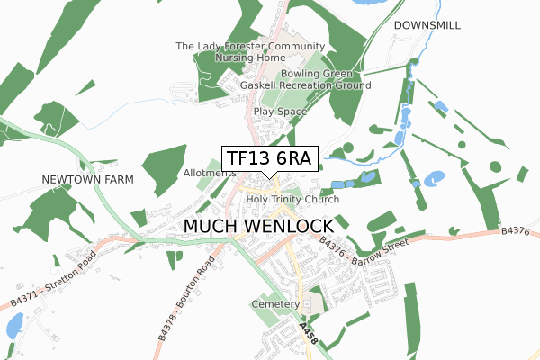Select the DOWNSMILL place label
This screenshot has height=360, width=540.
click(427, 26)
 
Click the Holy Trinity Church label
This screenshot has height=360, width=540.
click(292, 199)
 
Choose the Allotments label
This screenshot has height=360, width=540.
click(209, 173)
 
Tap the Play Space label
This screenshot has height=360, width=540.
click(280, 112)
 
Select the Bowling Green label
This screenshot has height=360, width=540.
click(317, 73)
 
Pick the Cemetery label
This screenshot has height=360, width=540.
click(275, 304)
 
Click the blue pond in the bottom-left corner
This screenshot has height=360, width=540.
click(14, 326)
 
